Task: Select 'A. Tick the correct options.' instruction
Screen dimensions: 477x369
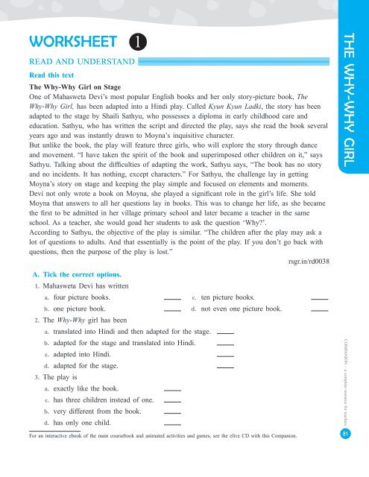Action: click(80, 276)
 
